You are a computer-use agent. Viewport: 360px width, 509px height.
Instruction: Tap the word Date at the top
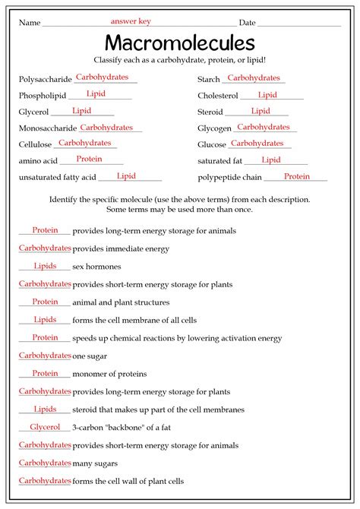247,23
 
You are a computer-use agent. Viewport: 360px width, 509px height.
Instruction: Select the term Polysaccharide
45,79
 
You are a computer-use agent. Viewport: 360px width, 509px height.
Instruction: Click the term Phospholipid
43,96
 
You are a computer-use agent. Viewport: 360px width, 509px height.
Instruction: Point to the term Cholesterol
217,96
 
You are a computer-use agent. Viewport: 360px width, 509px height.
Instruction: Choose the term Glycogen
213,128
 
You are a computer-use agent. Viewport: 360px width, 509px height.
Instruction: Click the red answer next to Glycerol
81,111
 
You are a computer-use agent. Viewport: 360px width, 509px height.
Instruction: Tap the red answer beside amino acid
89,159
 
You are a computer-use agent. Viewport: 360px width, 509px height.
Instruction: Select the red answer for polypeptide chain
297,176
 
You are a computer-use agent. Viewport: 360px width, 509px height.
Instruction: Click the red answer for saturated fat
271,160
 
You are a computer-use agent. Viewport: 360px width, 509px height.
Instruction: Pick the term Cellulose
36,144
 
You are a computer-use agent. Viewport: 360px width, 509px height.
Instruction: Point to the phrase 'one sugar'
90,356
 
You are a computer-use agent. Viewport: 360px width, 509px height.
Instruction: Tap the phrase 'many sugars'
93,463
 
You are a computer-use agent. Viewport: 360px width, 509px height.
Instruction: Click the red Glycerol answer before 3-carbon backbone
45,427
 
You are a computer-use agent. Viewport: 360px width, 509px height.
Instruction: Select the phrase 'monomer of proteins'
109,374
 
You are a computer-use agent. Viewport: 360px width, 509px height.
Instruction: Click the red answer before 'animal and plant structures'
45,302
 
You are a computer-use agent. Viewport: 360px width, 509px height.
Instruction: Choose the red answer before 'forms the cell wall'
45,480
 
